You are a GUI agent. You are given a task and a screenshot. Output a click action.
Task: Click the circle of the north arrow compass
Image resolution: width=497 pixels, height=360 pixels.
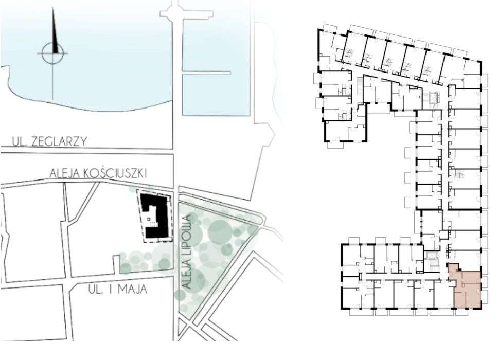(52, 51)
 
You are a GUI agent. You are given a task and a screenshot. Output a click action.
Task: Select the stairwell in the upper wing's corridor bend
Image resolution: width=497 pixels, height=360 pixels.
(432, 96)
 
